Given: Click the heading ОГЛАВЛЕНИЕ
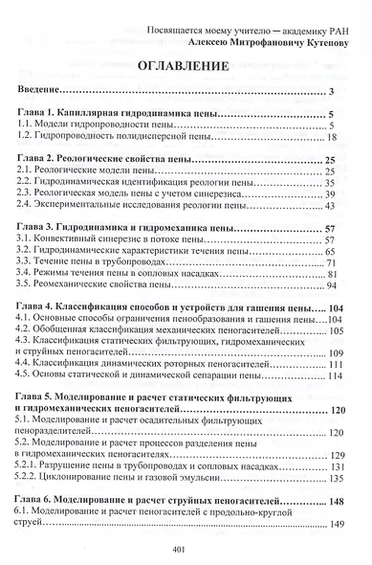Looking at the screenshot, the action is [x=186, y=66].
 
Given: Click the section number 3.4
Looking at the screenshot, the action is [x=25, y=272].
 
